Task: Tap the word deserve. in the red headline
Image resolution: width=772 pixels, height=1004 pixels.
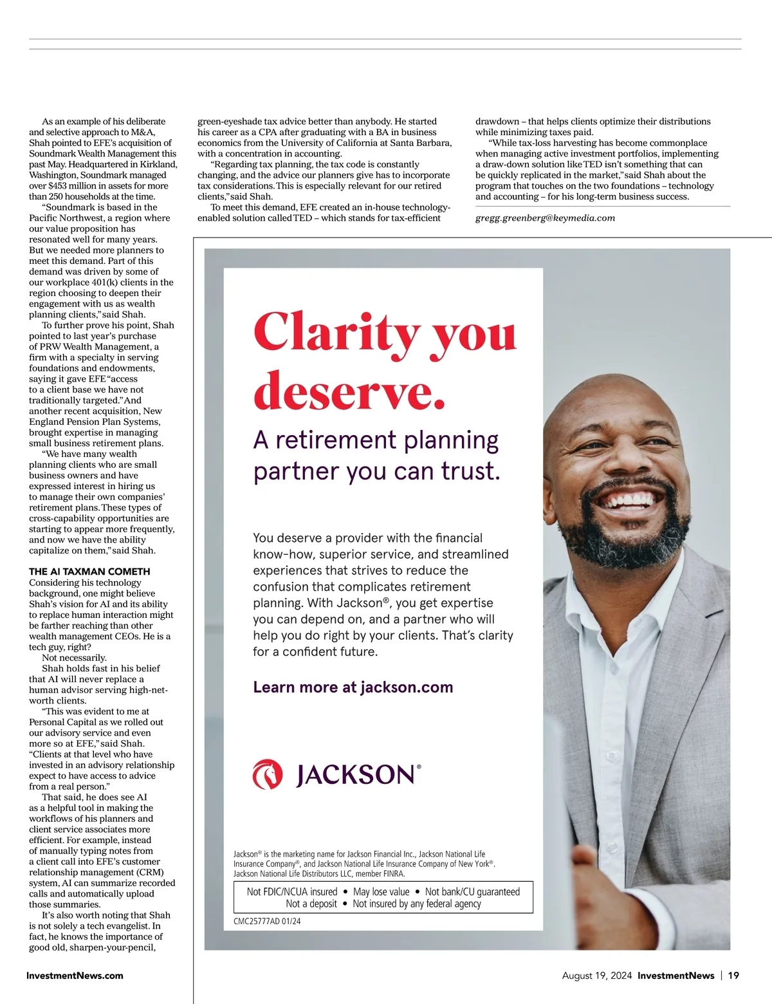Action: point(349,390)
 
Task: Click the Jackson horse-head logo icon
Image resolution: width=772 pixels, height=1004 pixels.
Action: point(268,774)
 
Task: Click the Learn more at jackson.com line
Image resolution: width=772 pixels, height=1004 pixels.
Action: point(353,687)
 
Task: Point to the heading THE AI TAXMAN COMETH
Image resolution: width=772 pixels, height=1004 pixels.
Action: point(89,572)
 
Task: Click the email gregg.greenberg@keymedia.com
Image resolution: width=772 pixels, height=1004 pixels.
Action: point(545,218)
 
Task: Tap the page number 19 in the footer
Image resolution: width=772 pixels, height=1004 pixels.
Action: point(733,976)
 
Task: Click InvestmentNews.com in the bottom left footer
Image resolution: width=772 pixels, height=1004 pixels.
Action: point(75,976)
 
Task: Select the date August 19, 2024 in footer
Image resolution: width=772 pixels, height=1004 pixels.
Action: point(597,976)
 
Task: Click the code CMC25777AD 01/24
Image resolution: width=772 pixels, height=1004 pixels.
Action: point(267,921)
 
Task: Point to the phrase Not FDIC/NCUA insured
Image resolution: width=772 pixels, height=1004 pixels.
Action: point(292,892)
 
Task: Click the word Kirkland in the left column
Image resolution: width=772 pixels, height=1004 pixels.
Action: point(158,164)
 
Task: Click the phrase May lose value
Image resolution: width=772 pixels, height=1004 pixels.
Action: point(381,892)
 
